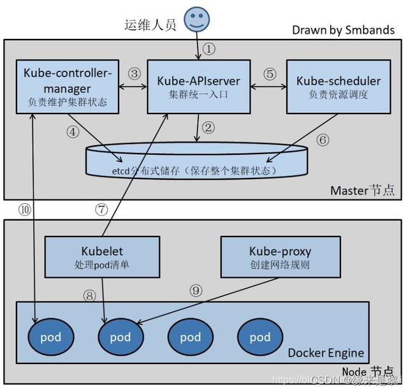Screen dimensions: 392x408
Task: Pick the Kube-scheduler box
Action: [x=339, y=87]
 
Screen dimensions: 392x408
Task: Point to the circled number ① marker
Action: [x=209, y=48]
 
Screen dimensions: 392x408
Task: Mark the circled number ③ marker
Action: [x=134, y=73]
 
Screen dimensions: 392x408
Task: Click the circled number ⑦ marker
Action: [x=101, y=208]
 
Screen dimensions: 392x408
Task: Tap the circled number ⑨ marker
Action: [x=197, y=290]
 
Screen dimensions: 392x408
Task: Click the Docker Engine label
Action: [x=326, y=352]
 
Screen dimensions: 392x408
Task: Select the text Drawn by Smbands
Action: [x=343, y=30]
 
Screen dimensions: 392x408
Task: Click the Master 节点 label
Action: [x=362, y=190]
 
